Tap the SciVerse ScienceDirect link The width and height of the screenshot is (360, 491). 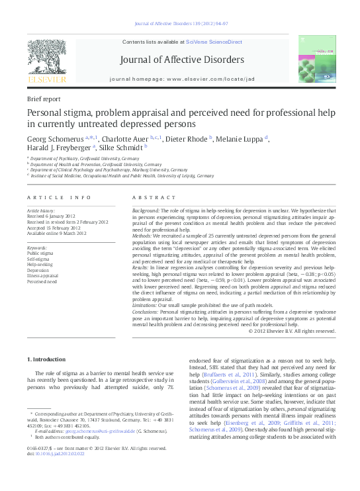(214, 42)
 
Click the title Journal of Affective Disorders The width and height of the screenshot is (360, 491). (181, 60)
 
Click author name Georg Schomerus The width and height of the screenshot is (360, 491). (55, 140)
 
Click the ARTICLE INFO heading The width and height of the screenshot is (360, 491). (59, 198)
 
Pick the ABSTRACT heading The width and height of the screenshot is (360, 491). (154, 198)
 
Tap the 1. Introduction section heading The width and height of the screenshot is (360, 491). (46, 359)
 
